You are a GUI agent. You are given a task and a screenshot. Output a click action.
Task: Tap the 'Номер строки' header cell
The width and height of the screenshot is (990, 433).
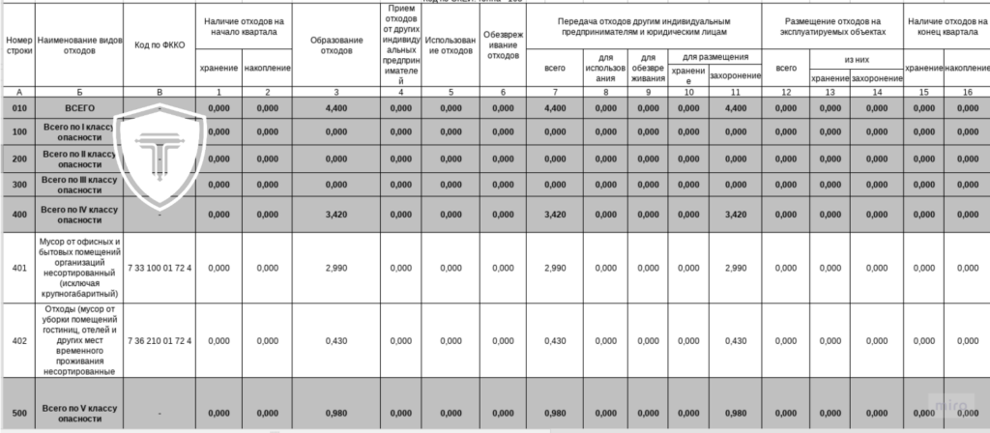pyautogui.click(x=19, y=45)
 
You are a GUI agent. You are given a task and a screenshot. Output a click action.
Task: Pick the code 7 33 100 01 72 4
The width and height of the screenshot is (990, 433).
pyautogui.click(x=160, y=267)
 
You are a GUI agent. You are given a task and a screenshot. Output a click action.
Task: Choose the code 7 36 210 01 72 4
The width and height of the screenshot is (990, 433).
pyautogui.click(x=160, y=340)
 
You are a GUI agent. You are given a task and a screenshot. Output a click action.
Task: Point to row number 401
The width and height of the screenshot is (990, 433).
pyautogui.click(x=19, y=267)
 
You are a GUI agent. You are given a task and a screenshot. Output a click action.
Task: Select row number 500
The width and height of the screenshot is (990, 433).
pyautogui.click(x=19, y=414)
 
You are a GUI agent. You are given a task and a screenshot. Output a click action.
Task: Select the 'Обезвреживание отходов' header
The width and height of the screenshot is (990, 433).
pyautogui.click(x=503, y=45)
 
